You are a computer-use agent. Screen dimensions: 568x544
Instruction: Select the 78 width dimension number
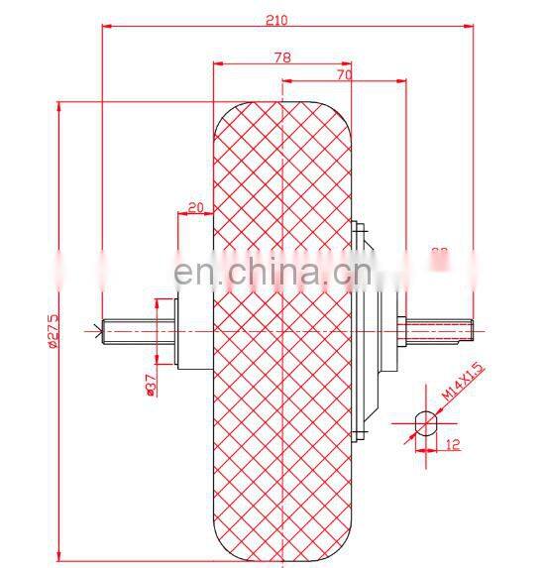coord(282,57)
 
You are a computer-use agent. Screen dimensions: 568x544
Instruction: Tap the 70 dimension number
coord(343,73)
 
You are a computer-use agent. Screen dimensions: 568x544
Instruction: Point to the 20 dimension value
coord(194,206)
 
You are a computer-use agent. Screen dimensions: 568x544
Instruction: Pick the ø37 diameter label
coord(150,384)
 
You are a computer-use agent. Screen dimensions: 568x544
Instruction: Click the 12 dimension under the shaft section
coord(451,445)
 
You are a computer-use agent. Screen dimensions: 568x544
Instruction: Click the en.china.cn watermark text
coord(272,271)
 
